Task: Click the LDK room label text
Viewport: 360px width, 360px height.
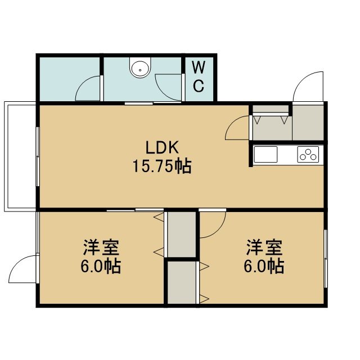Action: pos(163,147)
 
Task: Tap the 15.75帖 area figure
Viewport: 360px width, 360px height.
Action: pos(162,166)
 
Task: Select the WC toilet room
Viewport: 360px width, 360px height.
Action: pos(199,79)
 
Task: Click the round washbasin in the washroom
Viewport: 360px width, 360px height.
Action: pos(140,67)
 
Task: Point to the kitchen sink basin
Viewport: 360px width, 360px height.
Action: pos(265,154)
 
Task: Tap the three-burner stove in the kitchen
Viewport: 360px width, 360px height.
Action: pos(308,154)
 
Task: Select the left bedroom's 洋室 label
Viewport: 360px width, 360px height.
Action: pos(101,247)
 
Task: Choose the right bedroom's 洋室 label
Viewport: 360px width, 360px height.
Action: pos(264,247)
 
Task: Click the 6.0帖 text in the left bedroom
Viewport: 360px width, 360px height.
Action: pos(101,266)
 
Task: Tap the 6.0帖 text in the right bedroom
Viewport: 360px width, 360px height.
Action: pos(264,266)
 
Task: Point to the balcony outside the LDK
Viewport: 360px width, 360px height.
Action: pos(20,156)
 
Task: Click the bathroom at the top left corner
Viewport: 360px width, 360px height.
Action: pos(70,79)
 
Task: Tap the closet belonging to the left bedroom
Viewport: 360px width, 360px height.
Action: pos(182,235)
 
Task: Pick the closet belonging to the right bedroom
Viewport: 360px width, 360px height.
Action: pos(182,282)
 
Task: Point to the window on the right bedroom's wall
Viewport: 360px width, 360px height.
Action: pos(326,259)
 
